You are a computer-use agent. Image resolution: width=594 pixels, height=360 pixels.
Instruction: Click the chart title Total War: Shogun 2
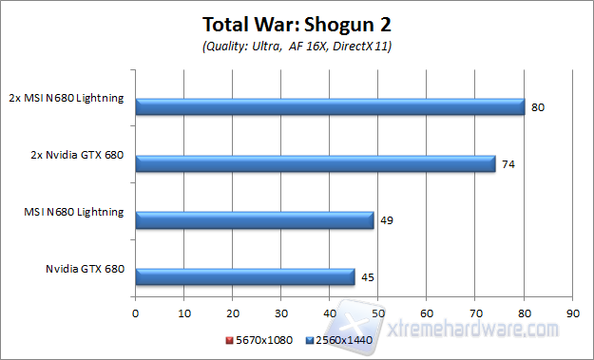click(x=297, y=23)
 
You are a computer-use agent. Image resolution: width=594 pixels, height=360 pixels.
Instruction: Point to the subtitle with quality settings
click(x=297, y=46)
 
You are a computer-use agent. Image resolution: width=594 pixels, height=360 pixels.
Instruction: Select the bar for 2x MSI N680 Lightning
click(x=330, y=106)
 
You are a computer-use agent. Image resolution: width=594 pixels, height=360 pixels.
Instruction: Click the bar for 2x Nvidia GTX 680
click(x=316, y=163)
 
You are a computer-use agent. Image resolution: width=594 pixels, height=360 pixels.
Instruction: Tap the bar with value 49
click(x=255, y=220)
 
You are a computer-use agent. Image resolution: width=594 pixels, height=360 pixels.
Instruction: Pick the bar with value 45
click(x=245, y=277)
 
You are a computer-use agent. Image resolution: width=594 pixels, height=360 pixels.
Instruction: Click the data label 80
click(x=538, y=107)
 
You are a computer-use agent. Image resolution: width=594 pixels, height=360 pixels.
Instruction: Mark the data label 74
click(x=508, y=164)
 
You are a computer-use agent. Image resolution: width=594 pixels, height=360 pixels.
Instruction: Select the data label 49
click(x=387, y=221)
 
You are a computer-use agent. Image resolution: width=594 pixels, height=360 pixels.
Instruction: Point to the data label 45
click(x=368, y=278)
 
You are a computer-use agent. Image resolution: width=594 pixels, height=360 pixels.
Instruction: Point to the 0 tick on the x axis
click(x=136, y=311)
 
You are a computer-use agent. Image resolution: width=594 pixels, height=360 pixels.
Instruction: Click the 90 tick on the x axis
click(x=571, y=311)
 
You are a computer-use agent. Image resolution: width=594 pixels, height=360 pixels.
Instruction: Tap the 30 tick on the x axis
click(x=281, y=311)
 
